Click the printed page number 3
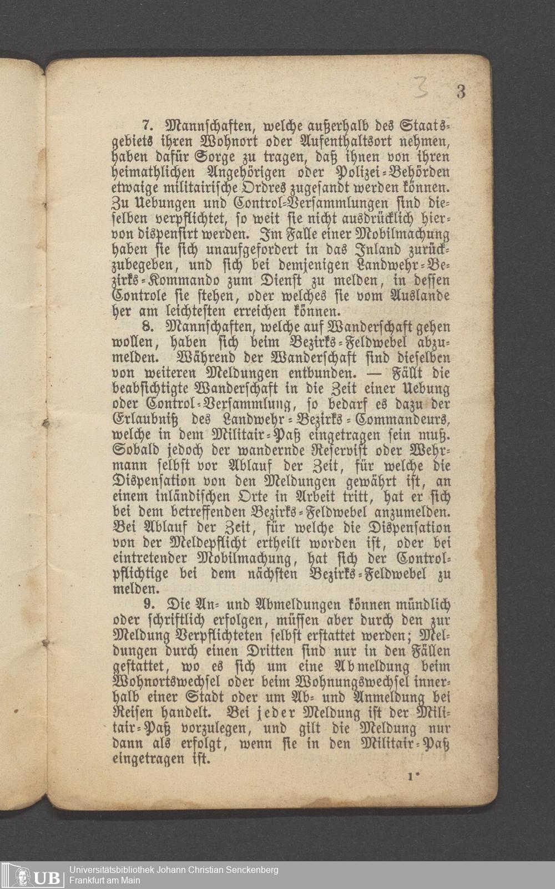461,92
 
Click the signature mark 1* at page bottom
412,777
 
